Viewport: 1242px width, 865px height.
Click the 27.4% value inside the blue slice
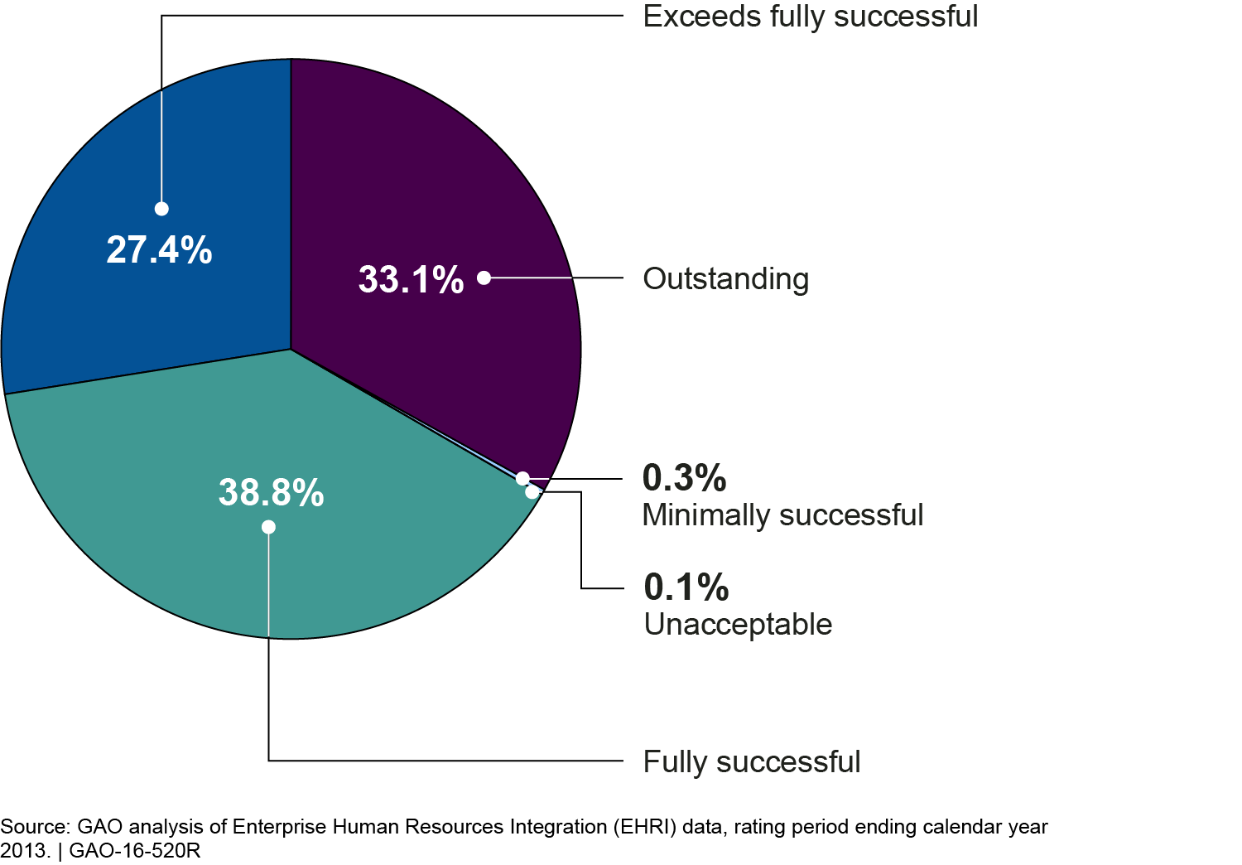pos(159,249)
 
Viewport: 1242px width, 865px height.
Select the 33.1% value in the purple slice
pos(411,279)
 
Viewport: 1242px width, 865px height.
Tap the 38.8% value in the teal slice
pos(271,493)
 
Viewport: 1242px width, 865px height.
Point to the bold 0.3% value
pos(684,478)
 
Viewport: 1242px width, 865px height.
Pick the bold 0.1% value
pos(686,587)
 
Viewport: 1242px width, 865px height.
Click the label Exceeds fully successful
pos(810,17)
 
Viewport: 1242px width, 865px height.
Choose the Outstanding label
pos(725,279)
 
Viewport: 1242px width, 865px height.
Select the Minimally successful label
pos(782,515)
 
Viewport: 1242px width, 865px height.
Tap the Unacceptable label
pos(738,625)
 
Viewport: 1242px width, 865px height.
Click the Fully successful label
pos(752,762)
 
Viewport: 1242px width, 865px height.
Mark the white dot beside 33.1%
pos(484,278)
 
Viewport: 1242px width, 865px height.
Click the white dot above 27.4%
pos(161,209)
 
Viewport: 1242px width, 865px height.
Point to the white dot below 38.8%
pos(268,527)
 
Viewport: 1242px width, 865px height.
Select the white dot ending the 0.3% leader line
pos(522,478)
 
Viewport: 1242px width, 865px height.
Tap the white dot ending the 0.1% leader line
pos(532,492)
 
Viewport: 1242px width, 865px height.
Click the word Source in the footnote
pos(33,827)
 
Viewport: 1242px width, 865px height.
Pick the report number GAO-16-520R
pos(135,851)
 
